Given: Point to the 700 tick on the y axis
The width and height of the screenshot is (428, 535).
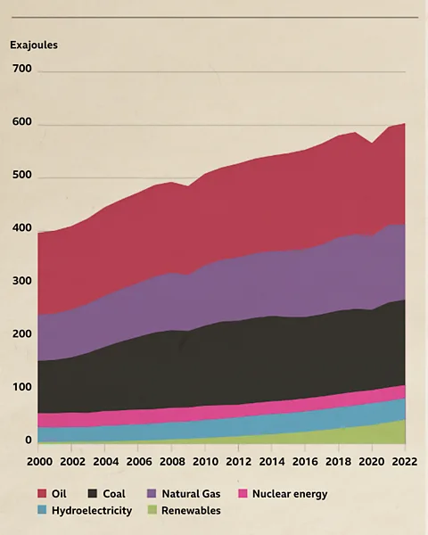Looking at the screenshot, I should tap(22, 68).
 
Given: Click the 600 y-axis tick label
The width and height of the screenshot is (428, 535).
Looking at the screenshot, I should tap(22, 122).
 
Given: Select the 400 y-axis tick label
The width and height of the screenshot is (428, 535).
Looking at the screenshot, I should tap(22, 228).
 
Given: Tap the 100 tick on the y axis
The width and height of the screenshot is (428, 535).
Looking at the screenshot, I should tap(22, 388).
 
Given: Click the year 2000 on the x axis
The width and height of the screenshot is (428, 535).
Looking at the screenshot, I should tap(39, 461).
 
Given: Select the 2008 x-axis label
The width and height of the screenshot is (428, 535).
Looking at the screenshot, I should tap(172, 461).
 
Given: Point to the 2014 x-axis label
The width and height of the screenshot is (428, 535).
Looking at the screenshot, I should tap(272, 461).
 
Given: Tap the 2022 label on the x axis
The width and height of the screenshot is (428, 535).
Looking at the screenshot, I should tap(405, 461).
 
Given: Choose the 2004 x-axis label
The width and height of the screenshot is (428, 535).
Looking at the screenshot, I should tap(105, 461).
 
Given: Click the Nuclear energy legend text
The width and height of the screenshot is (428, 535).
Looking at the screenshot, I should tap(290, 494).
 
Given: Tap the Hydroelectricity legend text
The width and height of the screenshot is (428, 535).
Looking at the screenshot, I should tap(92, 511).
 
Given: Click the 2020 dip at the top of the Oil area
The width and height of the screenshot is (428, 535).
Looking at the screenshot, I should tap(372, 143).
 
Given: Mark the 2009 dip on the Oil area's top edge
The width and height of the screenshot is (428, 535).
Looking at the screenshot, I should tap(188, 186).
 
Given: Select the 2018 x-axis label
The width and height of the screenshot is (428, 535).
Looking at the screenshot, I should tap(339, 461).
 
